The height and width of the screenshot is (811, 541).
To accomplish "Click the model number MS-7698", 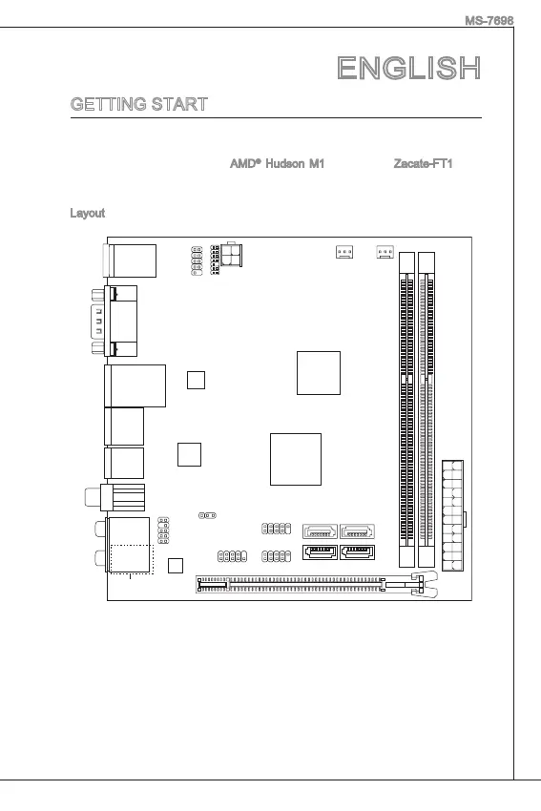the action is pyautogui.click(x=489, y=21).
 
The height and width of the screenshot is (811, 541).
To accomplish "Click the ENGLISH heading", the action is pyautogui.click(x=408, y=69).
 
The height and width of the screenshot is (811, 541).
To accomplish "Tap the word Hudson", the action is pyautogui.click(x=285, y=164).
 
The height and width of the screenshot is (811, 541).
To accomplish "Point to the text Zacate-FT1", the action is pyautogui.click(x=423, y=164).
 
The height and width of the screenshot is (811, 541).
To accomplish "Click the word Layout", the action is pyautogui.click(x=88, y=213).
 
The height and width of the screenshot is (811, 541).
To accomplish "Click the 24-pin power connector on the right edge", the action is pyautogui.click(x=453, y=515).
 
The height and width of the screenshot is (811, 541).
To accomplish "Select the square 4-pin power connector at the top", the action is pyautogui.click(x=231, y=254).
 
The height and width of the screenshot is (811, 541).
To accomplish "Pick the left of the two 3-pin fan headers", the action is pyautogui.click(x=344, y=251).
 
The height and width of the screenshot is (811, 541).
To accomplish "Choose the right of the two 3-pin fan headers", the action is pyautogui.click(x=385, y=251).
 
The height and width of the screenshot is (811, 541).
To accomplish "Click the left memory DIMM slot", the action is pyautogui.click(x=407, y=409).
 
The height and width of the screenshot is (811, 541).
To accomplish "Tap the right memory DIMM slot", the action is pyautogui.click(x=427, y=409).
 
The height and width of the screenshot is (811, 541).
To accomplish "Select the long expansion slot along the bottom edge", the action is pyautogui.click(x=316, y=585).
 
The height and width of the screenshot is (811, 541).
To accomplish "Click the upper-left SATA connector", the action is pyautogui.click(x=320, y=531).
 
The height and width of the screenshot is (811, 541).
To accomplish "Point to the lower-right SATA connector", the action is pyautogui.click(x=358, y=551).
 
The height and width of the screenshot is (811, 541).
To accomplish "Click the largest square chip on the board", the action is pyautogui.click(x=296, y=459).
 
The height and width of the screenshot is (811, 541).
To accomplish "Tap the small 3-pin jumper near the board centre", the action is pyautogui.click(x=207, y=515).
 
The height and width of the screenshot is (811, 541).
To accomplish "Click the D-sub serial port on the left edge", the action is pyautogui.click(x=114, y=321).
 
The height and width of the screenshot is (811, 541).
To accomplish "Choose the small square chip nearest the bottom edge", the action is pyautogui.click(x=176, y=566).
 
